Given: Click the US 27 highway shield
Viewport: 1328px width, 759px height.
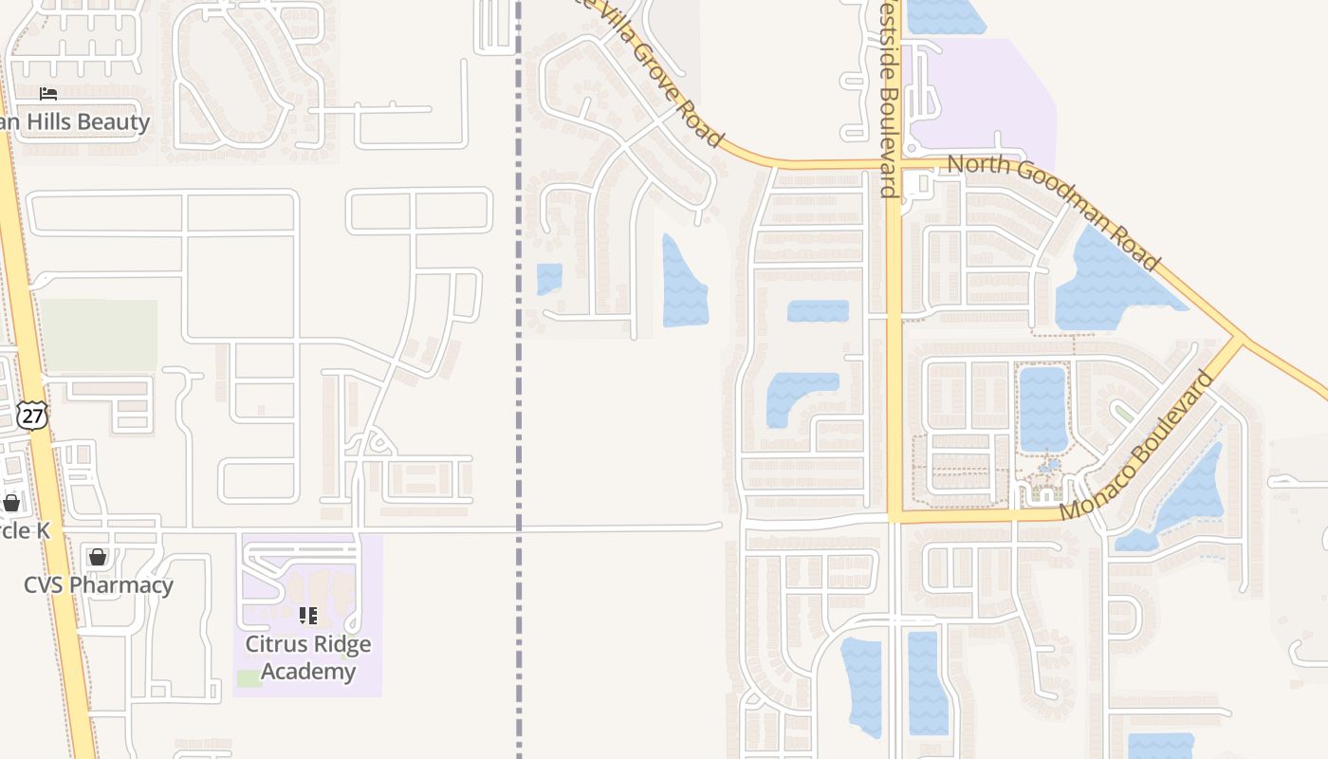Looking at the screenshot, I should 31,415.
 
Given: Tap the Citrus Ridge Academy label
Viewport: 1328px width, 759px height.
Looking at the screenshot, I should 308,657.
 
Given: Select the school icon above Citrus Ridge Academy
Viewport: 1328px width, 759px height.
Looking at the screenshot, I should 307,616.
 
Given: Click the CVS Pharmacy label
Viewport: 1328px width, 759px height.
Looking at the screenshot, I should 99,584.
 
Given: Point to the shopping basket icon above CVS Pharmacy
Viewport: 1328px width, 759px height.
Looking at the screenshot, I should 97,556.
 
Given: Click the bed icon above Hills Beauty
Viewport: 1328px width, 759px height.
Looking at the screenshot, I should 48,93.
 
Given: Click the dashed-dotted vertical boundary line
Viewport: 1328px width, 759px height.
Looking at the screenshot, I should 519,379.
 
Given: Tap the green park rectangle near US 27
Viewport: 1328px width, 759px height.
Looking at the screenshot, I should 99,335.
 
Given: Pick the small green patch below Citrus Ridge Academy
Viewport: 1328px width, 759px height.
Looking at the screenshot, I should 249,677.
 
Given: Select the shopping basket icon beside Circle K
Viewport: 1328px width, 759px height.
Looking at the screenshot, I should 11,502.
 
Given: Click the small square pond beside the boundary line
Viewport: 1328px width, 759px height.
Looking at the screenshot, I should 549,279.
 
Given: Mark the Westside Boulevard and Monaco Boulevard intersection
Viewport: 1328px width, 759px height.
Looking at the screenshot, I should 894,518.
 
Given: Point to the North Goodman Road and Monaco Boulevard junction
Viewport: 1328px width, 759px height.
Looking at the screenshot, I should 1237,337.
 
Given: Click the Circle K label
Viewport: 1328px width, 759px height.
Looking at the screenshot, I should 23,530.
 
